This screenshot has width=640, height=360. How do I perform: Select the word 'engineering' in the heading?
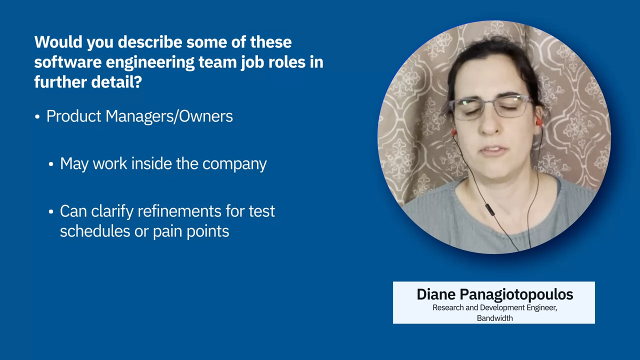[150, 63]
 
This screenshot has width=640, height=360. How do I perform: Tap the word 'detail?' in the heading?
[116, 81]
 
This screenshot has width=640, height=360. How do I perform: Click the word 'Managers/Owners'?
[169, 116]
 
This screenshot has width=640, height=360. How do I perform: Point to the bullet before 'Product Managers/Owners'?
[37, 117]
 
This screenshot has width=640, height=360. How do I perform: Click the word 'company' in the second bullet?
[234, 164]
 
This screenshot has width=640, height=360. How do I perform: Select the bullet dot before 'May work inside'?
[51, 164]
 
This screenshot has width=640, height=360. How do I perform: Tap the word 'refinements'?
[179, 211]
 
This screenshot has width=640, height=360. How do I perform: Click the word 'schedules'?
[95, 231]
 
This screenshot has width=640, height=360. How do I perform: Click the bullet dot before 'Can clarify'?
[51, 211]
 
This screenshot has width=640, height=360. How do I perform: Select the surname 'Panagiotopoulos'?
[516, 295]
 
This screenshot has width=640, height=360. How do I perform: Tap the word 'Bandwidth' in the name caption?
[494, 318]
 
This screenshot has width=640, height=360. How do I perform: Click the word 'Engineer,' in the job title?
[542, 308]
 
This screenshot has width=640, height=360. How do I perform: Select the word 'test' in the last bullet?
[261, 211]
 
